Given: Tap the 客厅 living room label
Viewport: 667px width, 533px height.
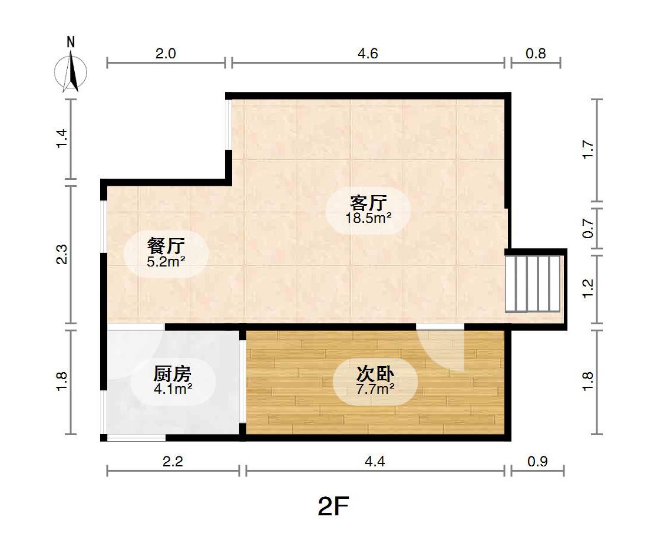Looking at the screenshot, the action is (x=368, y=203).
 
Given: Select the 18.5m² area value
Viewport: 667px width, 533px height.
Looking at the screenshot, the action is (x=368, y=218).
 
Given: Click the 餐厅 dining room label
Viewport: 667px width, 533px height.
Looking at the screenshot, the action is (x=166, y=246).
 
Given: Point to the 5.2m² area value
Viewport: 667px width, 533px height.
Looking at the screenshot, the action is (x=166, y=261).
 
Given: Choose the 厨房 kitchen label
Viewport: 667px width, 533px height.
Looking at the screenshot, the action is (x=173, y=374).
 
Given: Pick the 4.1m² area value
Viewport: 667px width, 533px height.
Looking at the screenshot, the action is (x=173, y=389).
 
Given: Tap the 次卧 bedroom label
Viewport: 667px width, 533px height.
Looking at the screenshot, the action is (x=375, y=374).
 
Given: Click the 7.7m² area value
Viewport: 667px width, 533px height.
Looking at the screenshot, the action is (x=375, y=389).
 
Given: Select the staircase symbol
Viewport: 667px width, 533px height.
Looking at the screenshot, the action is (x=533, y=284).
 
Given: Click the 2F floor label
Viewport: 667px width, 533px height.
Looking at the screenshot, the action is (x=333, y=506).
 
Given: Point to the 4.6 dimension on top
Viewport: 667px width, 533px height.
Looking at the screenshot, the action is (x=368, y=54).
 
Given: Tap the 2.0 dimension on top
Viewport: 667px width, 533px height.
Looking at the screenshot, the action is (x=166, y=54).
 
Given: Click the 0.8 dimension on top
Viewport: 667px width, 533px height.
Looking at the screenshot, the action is (x=536, y=54).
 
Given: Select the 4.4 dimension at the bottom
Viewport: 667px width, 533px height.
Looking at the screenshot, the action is (x=375, y=462).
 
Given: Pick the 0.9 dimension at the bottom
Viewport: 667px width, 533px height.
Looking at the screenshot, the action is (x=537, y=462).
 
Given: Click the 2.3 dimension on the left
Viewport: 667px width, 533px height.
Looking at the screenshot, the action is (x=62, y=254).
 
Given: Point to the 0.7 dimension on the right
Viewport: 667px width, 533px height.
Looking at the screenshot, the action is (x=587, y=229).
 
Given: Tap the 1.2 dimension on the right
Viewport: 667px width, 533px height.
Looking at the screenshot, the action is (x=587, y=289).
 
